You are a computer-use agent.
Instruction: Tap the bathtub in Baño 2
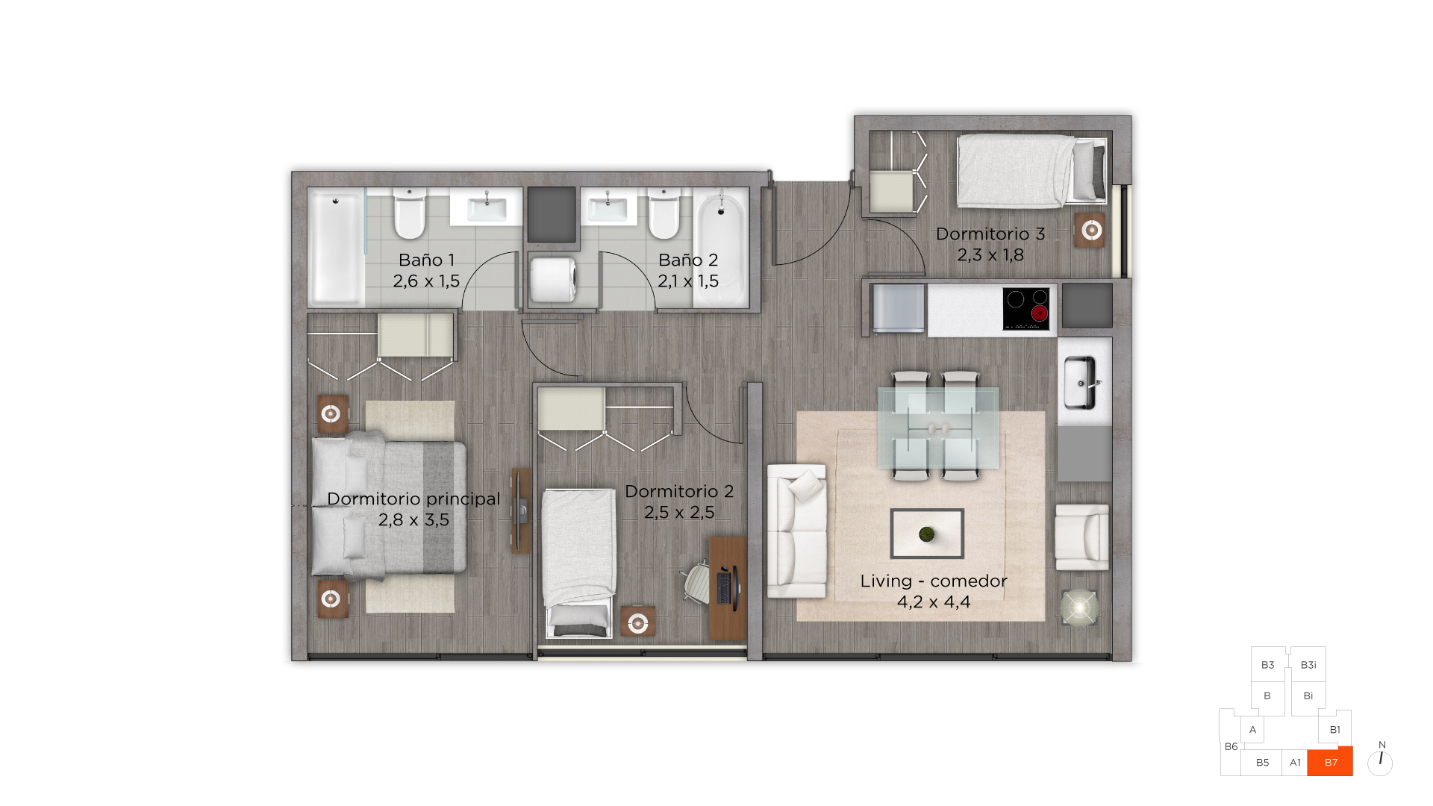[x=720, y=247]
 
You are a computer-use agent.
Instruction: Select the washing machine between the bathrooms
[x=552, y=279]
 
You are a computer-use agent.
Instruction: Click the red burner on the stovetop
[x=1039, y=314]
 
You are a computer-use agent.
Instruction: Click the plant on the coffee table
[x=927, y=534]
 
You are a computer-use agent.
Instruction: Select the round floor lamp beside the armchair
[x=1079, y=608]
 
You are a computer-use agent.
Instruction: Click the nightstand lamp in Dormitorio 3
[x=1091, y=230]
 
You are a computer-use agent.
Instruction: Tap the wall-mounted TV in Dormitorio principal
[x=521, y=510]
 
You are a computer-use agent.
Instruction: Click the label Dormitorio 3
[x=990, y=234]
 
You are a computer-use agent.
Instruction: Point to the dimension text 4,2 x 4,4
[x=934, y=602]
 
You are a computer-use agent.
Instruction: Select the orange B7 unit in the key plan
[x=1330, y=762]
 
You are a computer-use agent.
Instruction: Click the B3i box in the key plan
[x=1308, y=664]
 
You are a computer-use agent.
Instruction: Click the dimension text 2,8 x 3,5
[x=413, y=519]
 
